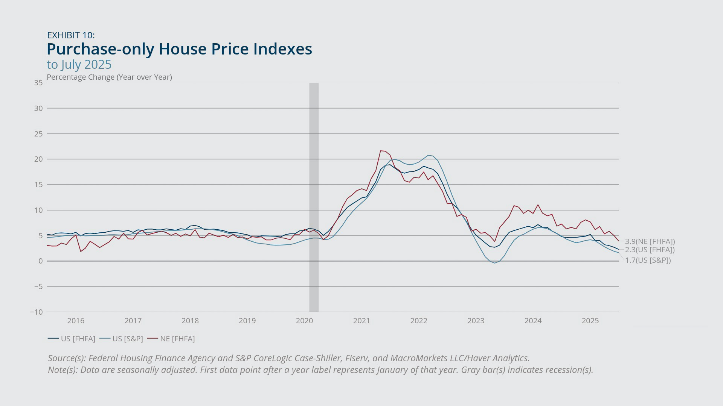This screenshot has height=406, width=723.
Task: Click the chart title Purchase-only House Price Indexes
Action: click(179, 49)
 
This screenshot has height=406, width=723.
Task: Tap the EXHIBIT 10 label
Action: click(71, 35)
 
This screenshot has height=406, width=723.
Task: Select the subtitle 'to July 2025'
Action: click(79, 65)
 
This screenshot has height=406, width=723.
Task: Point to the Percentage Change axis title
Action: click(109, 77)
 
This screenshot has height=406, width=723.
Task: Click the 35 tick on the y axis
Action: click(38, 83)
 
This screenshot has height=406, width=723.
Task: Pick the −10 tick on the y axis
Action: click(37, 312)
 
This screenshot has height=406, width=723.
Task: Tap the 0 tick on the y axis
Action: click(40, 261)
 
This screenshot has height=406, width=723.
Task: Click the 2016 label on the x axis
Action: click(76, 321)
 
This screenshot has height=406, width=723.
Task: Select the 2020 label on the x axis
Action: click(304, 321)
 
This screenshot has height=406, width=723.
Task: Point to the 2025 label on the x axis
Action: click(590, 321)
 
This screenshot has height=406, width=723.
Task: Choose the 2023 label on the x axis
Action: click(476, 321)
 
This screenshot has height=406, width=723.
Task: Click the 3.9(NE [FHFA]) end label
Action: click(650, 241)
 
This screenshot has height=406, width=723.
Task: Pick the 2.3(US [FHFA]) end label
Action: click(650, 250)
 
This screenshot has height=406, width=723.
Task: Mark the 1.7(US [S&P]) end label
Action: click(648, 260)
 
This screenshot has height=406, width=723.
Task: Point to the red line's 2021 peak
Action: click(381, 151)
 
